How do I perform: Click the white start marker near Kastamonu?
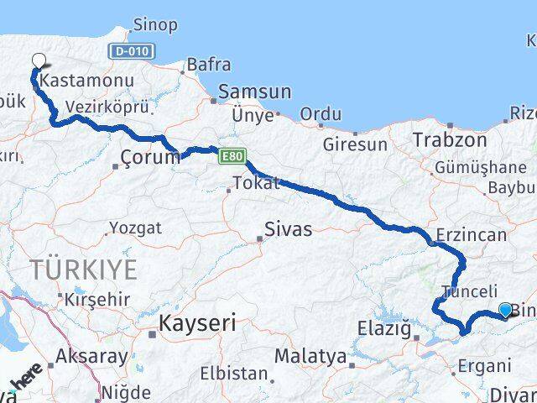[39, 60]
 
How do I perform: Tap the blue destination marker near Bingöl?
[504, 310]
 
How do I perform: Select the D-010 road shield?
[132, 51]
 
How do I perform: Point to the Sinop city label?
[154, 25]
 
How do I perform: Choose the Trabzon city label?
[450, 139]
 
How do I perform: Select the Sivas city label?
[287, 228]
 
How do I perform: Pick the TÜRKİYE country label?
[83, 270]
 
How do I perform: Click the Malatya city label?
[310, 356]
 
